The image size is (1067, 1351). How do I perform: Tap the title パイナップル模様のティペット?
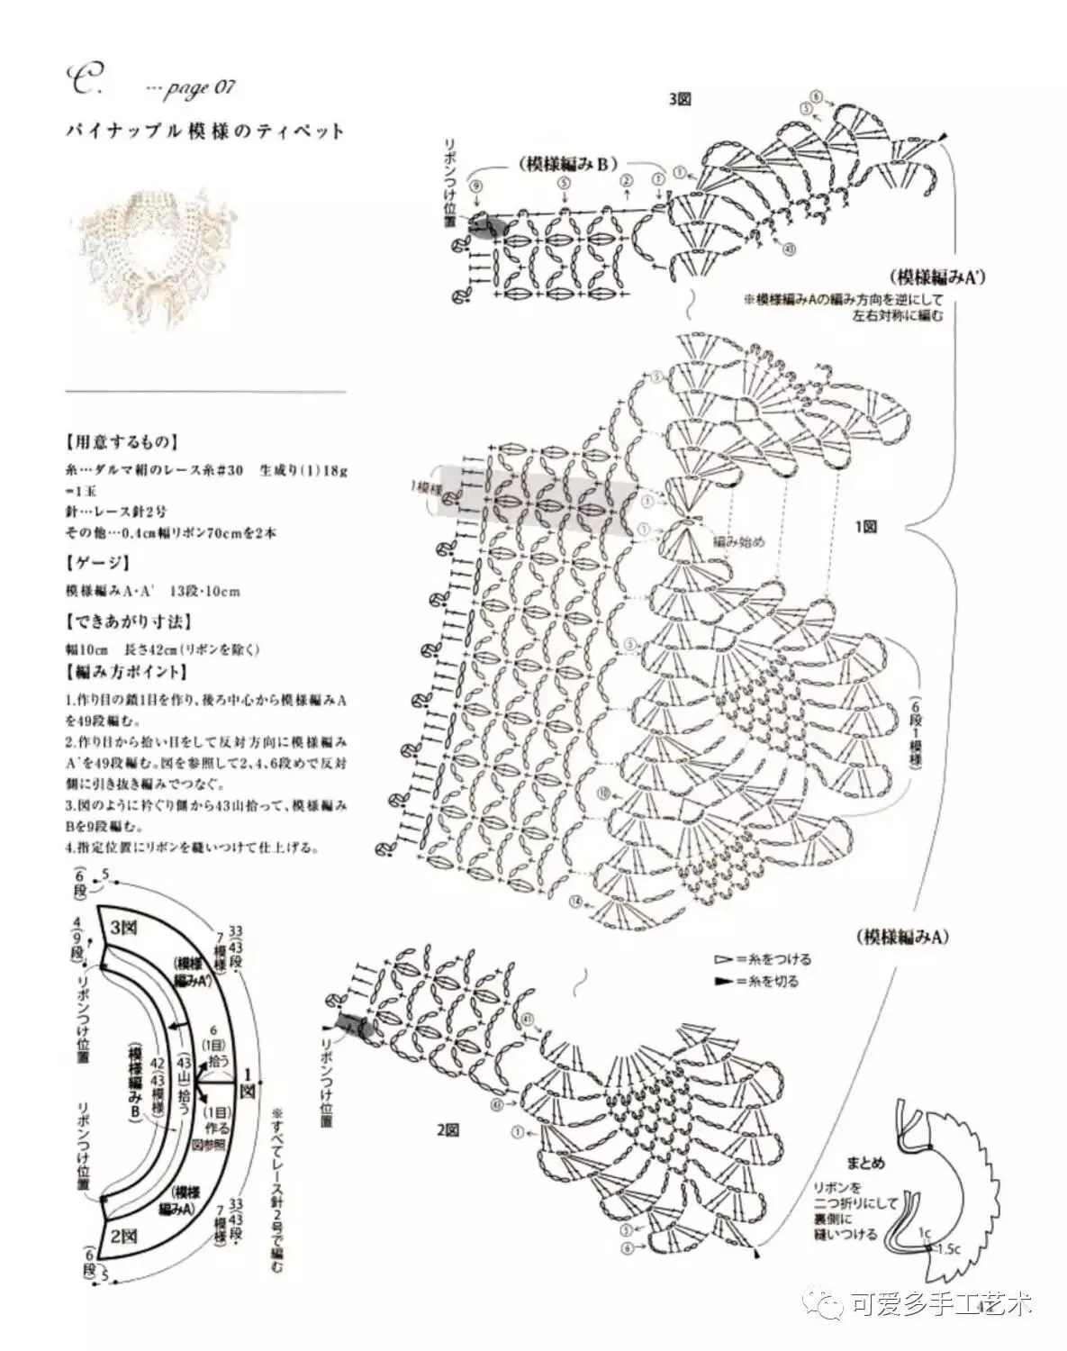point(205,131)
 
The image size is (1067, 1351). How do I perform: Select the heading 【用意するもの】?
point(122,442)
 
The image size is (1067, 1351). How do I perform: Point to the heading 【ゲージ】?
point(97,563)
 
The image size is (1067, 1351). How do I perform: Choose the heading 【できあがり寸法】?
point(128,621)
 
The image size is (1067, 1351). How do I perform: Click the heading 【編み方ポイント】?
point(127,672)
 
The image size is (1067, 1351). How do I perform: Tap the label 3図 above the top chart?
point(680,100)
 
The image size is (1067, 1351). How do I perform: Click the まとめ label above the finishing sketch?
point(867,1163)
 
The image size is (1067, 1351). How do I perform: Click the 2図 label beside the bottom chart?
point(447,1129)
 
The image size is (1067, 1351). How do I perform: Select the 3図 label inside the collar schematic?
point(123,927)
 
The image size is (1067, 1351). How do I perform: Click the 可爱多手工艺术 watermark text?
point(940,1303)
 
